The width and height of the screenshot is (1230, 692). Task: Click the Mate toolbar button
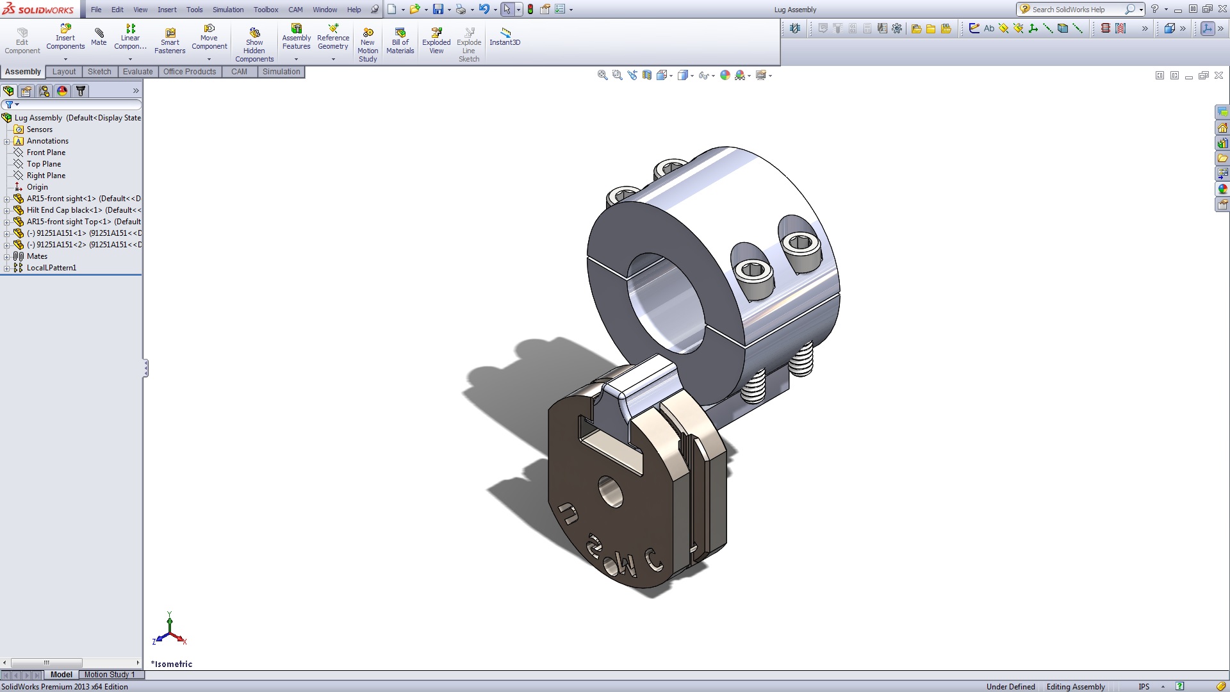[x=99, y=37]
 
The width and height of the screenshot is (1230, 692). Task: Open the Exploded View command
[x=436, y=41]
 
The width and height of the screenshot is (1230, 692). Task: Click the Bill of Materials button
[x=400, y=41]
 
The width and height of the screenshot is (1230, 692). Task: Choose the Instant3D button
[x=505, y=37]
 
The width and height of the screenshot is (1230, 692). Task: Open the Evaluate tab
[x=138, y=72]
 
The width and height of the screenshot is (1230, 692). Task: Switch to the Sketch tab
[x=99, y=72]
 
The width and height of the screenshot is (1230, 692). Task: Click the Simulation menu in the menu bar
[x=228, y=10]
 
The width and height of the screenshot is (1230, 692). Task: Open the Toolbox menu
[x=266, y=10]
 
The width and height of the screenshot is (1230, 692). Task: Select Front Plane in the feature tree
[x=45, y=152]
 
